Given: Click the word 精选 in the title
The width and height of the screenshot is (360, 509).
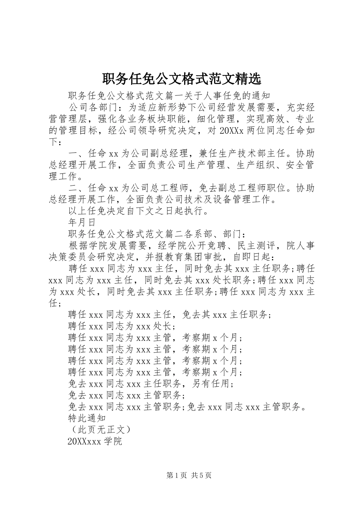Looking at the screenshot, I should (248, 79).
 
